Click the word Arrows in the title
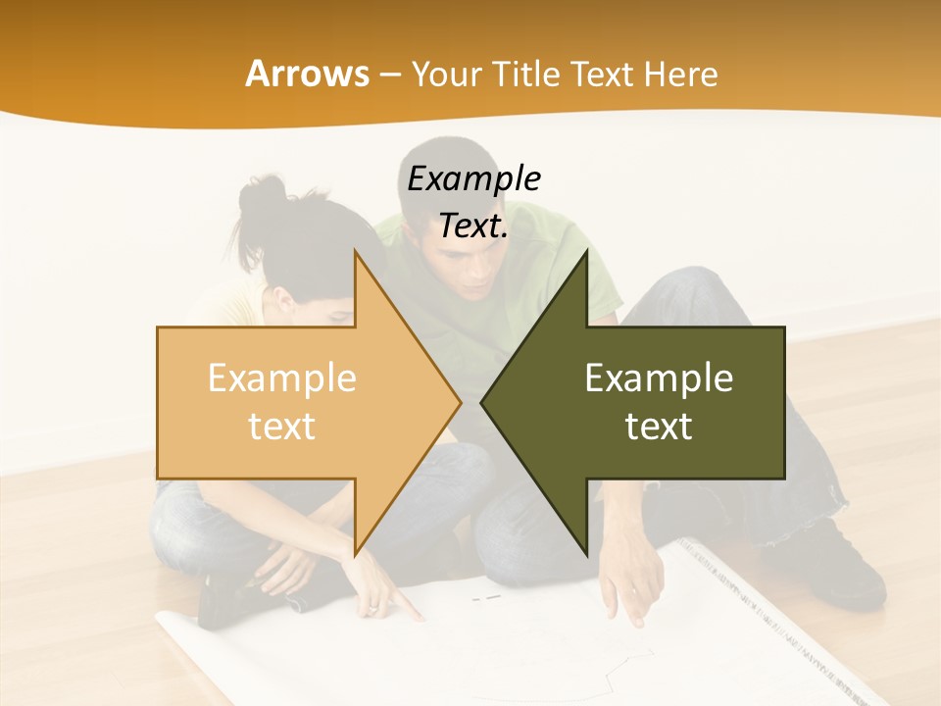pos(307,74)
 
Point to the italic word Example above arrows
pos(473,178)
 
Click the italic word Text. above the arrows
pos(473,227)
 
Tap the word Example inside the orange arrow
pos(282,378)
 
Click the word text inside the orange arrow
pos(282,426)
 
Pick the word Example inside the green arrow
pos(659,378)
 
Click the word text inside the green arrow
pos(659,426)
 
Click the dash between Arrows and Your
pos(389,76)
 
